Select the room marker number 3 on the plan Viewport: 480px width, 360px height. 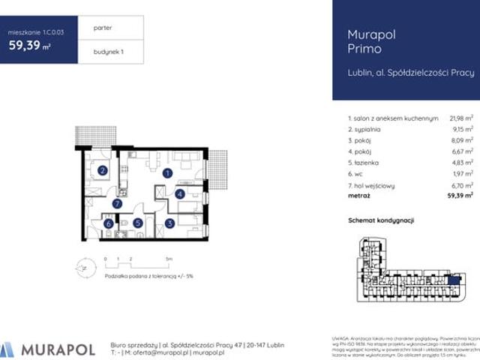(x=171, y=223)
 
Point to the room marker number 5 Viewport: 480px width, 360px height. (x=138, y=223)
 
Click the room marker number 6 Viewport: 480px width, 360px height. (x=109, y=223)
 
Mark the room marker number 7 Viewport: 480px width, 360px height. (x=117, y=203)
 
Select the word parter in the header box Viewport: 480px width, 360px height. (x=103, y=27)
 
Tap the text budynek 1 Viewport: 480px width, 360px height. (x=108, y=52)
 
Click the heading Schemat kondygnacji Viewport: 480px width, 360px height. (x=382, y=222)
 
